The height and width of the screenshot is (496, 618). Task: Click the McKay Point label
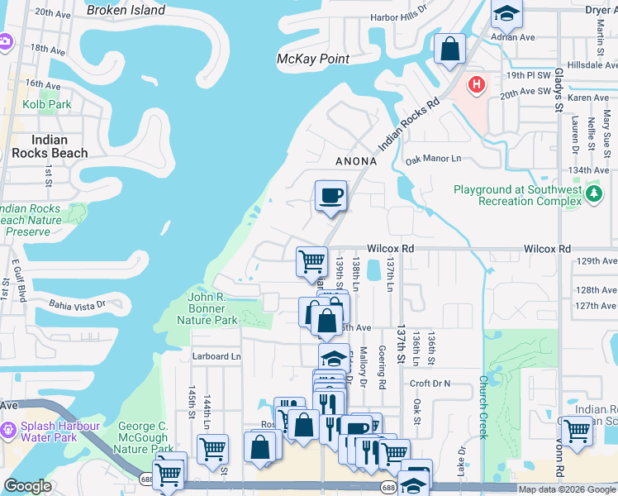(312, 59)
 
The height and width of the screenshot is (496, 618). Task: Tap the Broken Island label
(126, 11)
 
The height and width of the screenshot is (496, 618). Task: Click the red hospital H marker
(477, 84)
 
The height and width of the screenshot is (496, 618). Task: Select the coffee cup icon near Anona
(330, 196)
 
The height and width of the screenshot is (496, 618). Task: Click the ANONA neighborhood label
(356, 162)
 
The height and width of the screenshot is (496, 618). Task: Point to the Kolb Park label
(47, 104)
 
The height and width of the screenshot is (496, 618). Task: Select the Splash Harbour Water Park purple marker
(9, 431)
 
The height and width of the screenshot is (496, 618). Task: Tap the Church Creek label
(483, 408)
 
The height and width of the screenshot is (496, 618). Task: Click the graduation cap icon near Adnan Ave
(505, 13)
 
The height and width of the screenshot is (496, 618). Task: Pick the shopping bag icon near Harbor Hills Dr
(450, 49)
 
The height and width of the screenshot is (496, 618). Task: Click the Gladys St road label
(559, 90)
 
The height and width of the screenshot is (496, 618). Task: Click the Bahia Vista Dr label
(78, 303)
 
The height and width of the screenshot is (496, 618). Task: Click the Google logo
(28, 487)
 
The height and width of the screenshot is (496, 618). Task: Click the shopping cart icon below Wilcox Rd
(311, 261)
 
